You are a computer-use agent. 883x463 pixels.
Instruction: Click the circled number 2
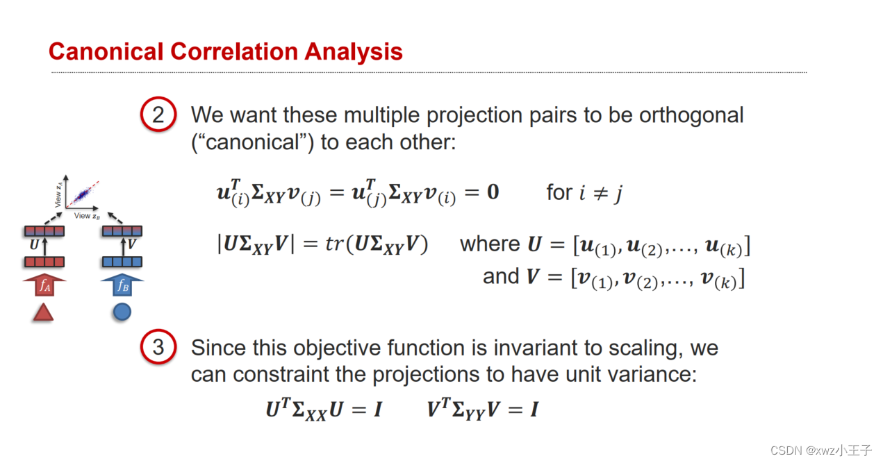tap(158, 115)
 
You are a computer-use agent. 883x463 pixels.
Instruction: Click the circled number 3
tap(158, 346)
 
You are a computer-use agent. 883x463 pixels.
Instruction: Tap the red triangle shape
tap(43, 313)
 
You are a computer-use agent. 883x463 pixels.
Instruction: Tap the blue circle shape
tap(122, 312)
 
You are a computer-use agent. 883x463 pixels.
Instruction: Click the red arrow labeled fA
tap(44, 285)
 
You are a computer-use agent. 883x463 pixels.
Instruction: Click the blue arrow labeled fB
tap(122, 285)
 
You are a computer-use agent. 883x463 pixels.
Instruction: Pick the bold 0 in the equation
tap(492, 192)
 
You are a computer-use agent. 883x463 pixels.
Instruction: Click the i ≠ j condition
tap(602, 192)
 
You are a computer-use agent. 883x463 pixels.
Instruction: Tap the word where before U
tap(490, 244)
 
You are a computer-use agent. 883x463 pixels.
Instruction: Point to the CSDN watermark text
tap(828, 450)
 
